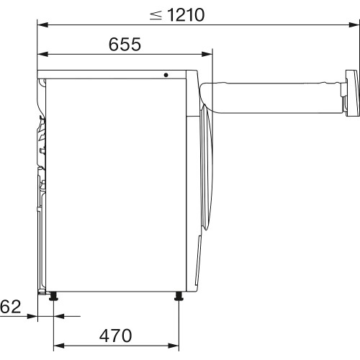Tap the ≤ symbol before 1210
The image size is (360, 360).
(156, 15)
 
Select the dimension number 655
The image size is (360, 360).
(125, 44)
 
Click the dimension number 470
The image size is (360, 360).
(116, 335)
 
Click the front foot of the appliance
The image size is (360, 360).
(178, 296)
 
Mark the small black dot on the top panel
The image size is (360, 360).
(166, 74)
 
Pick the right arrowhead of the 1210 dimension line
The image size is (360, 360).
(353, 26)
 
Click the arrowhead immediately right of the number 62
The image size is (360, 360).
(32, 315)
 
